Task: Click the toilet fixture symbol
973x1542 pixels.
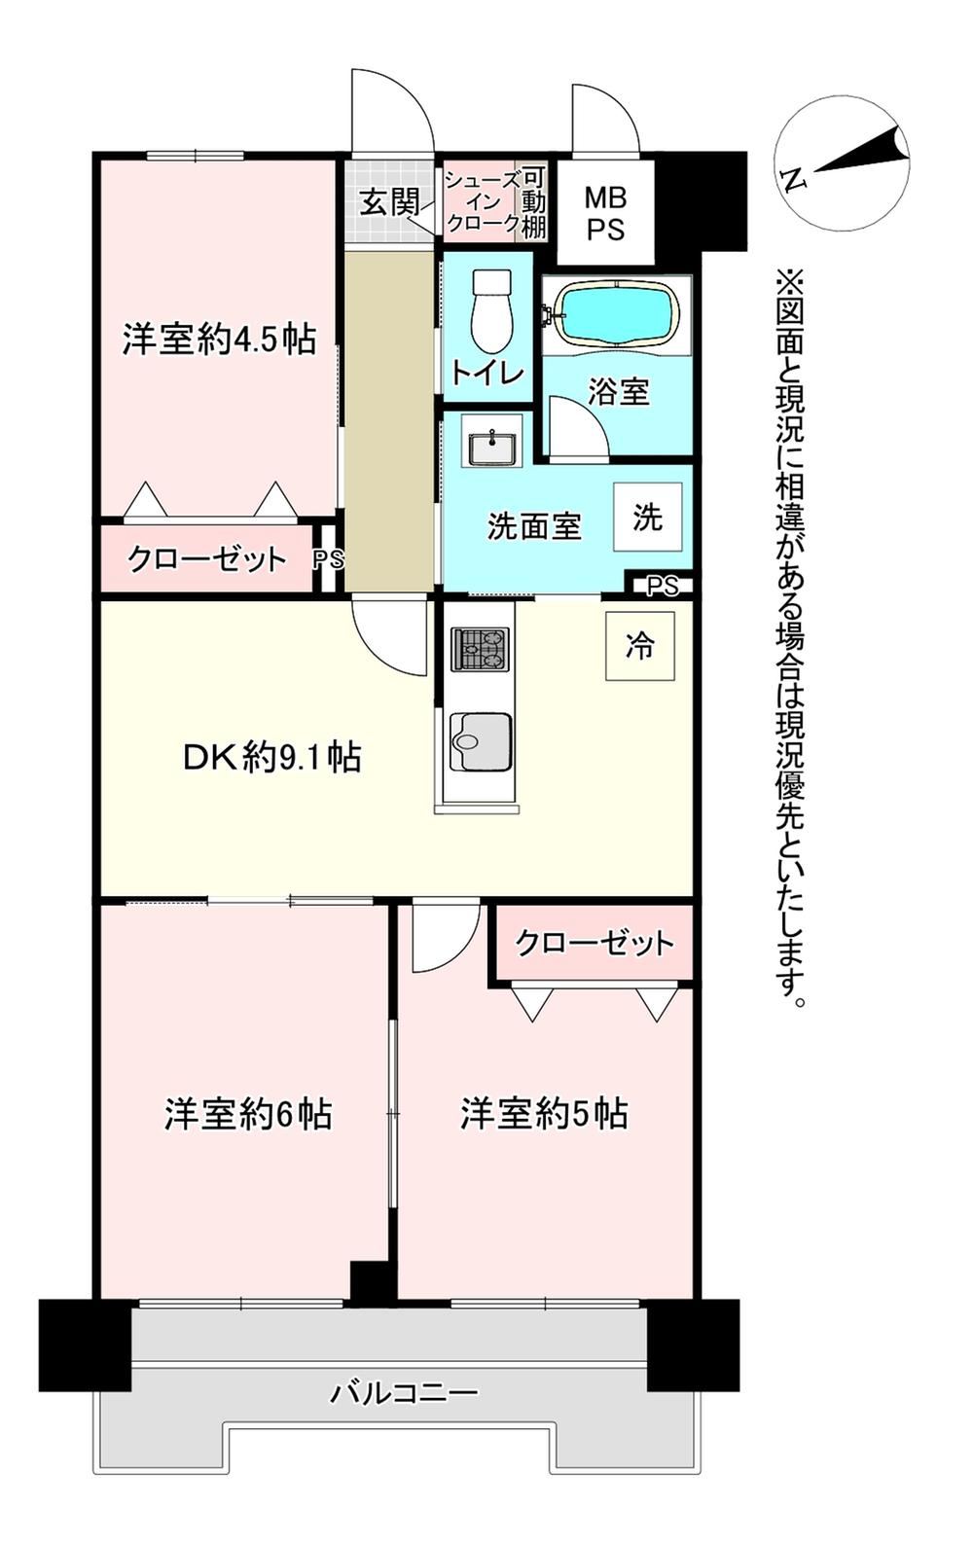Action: pos(491,310)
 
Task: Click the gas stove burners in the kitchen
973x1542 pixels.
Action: pos(480,649)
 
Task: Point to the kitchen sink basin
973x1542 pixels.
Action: pos(480,742)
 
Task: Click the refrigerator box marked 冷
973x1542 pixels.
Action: pos(639,646)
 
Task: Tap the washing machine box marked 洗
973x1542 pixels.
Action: pos(647,517)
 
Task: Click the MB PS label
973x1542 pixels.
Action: pos(606,213)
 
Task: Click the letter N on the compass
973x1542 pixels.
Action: pos(794,180)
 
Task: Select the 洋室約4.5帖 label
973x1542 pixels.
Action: pos(220,340)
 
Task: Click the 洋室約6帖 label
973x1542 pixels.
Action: pos(248,1115)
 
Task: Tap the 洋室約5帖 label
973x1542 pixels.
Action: pos(544,1115)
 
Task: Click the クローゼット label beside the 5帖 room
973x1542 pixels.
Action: pos(595,943)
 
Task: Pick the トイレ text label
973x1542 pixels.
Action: pos(487,374)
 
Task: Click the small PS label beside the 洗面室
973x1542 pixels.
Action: pos(664,587)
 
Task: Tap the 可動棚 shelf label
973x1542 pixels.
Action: pos(533,203)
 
